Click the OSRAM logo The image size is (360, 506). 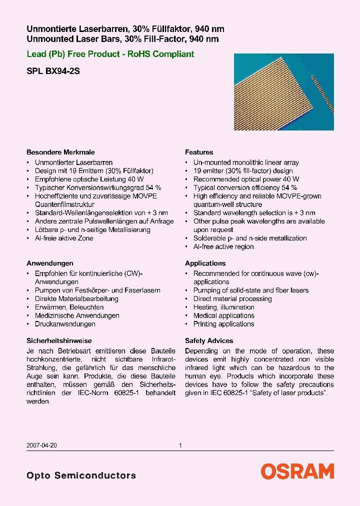click(297, 471)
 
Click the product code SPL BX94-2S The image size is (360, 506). click(53, 71)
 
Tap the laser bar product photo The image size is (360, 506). click(283, 92)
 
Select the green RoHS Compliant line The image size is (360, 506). click(110, 54)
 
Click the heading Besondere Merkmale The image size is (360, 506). click(60, 152)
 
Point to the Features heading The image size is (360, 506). click(199, 152)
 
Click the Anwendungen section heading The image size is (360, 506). click(50, 263)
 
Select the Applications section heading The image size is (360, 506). click(205, 263)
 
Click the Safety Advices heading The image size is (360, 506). click(209, 340)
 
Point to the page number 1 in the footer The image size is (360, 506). click(180, 445)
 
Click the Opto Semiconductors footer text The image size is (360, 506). click(81, 475)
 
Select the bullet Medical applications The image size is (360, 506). click(223, 315)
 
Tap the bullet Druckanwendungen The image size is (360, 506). click(65, 324)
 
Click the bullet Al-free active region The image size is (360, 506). click(223, 246)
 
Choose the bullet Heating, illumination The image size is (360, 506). click(223, 307)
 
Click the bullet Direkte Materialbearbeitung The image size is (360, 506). click(76, 298)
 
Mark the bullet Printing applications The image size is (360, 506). click(223, 324)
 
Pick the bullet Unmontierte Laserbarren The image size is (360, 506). click(73, 162)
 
